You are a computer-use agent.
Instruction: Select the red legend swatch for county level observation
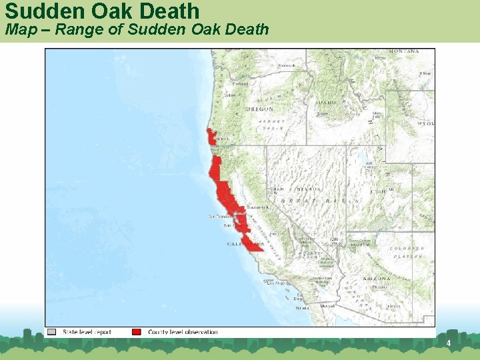click(x=137, y=332)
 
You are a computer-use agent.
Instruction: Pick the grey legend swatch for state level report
click(x=52, y=332)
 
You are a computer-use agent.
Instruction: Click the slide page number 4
click(x=449, y=343)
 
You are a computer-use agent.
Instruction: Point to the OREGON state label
click(x=259, y=109)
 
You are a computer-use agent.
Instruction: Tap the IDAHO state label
click(x=327, y=103)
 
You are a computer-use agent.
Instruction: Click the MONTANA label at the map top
click(x=404, y=51)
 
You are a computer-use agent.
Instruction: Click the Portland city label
click(x=240, y=84)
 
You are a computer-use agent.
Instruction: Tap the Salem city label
click(x=231, y=95)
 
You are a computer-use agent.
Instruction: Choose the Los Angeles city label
click(x=276, y=283)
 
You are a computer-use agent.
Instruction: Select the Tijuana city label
click(x=302, y=308)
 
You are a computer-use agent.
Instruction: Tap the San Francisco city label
click(x=219, y=217)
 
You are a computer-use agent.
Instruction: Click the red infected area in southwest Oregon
click(x=211, y=137)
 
